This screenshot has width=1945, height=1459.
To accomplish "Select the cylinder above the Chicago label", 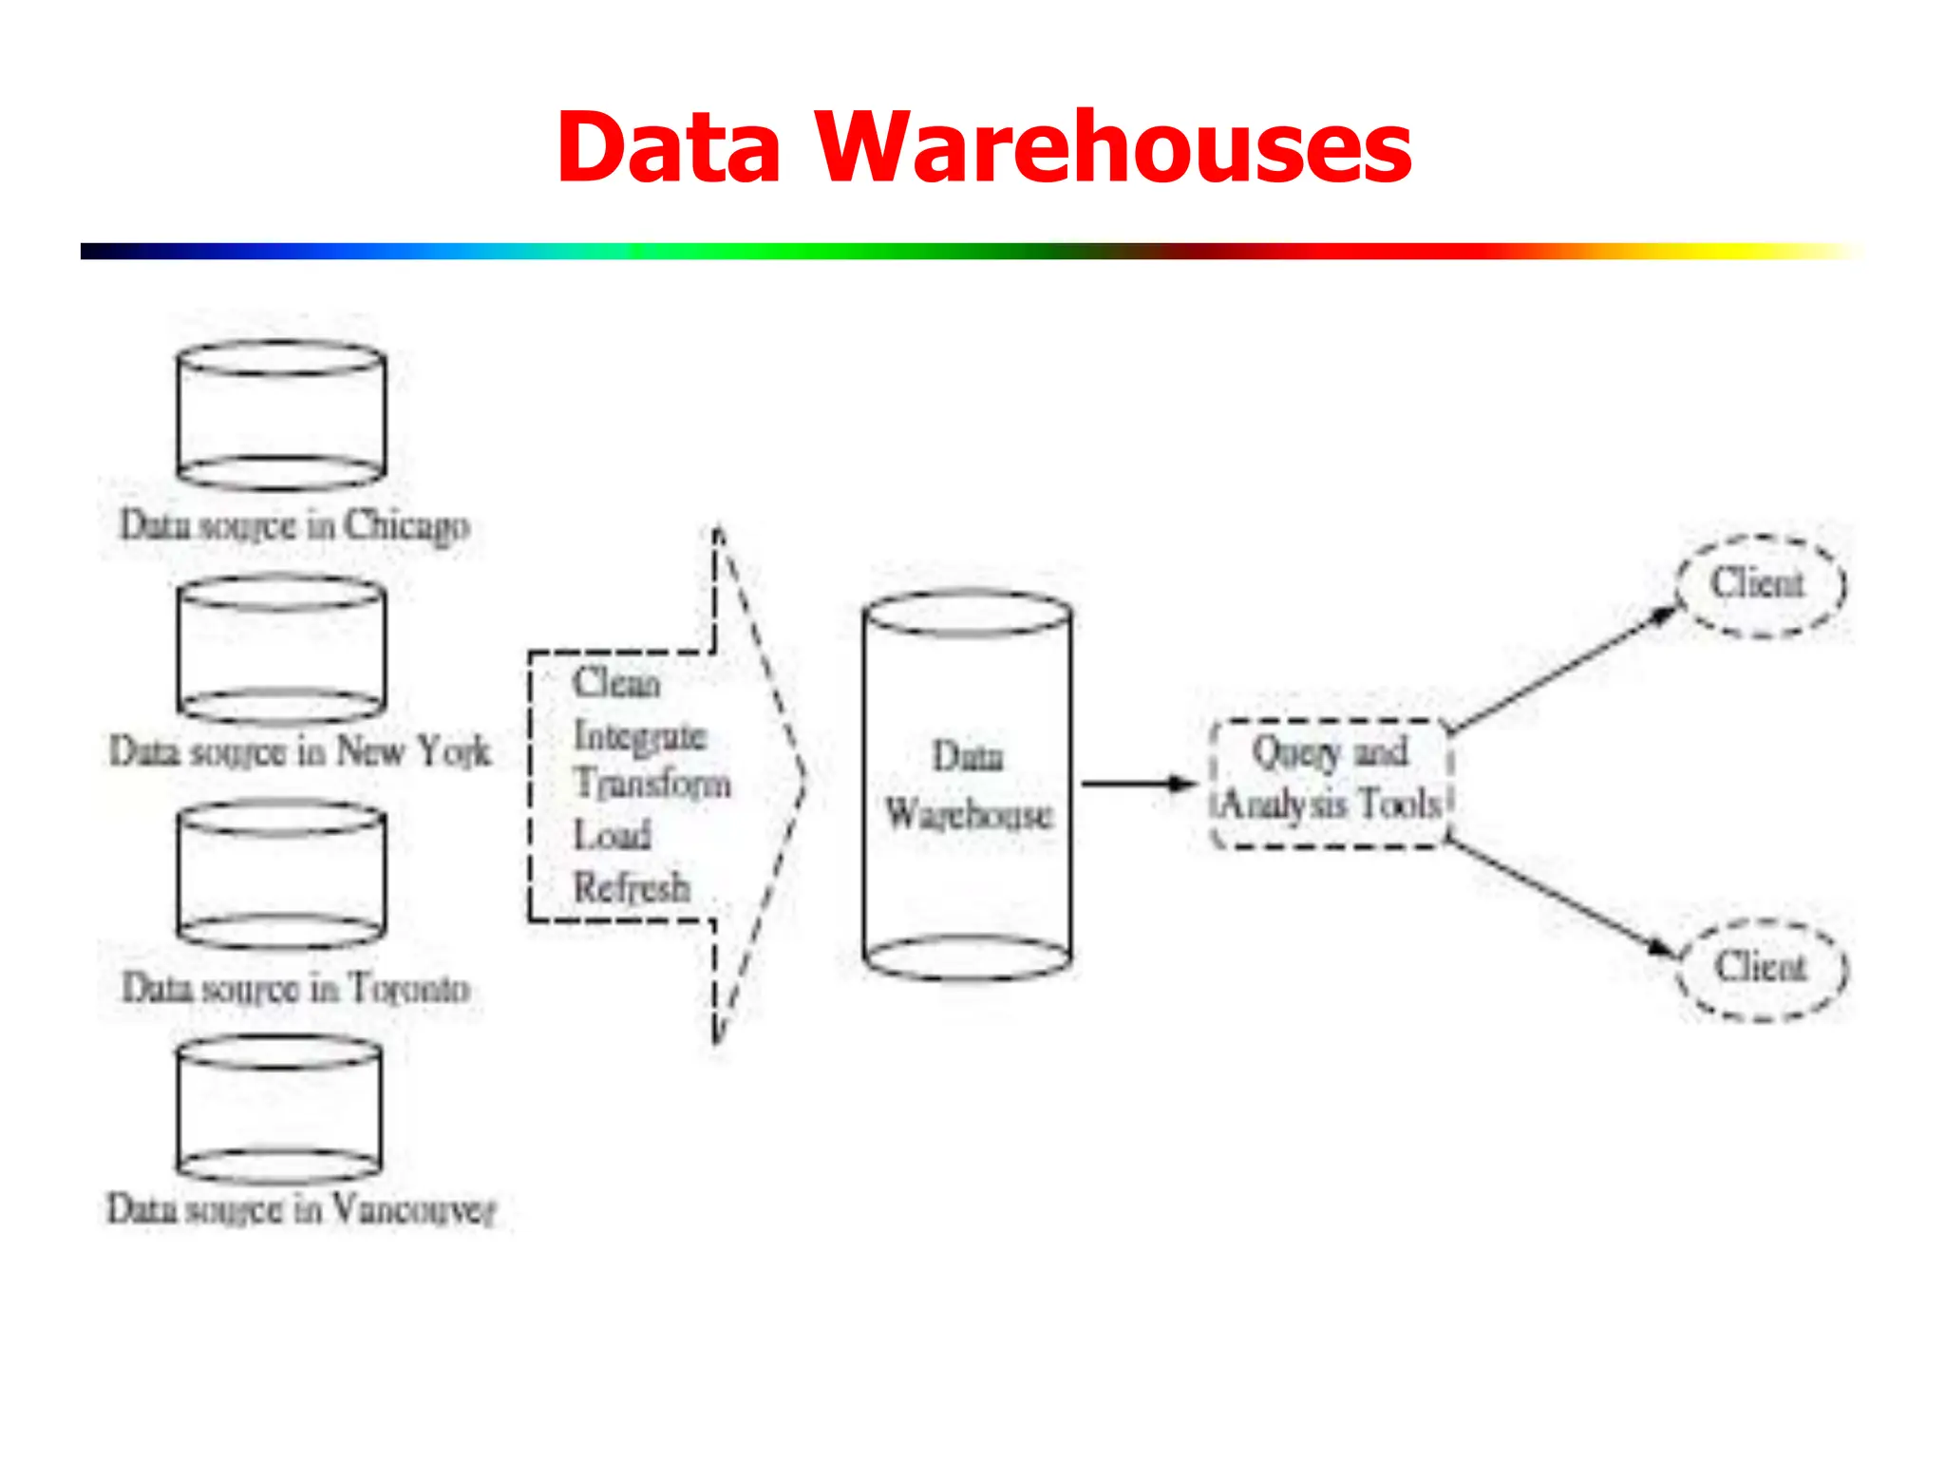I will point(281,415).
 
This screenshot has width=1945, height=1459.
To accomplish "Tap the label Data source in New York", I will point(300,751).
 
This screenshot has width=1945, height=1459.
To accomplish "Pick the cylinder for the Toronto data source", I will point(281,875).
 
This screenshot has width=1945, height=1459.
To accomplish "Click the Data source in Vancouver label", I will point(301,1209).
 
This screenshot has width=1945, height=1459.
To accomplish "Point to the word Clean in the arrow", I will point(616,682).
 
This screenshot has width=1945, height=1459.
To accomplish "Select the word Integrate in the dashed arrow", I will point(640,736).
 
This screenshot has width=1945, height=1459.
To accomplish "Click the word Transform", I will point(652,784).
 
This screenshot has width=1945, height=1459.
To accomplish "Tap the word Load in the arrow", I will point(613,835).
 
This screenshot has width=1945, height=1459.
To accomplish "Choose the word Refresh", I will point(632,887).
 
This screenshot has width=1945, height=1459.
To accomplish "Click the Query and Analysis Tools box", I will point(1331,783).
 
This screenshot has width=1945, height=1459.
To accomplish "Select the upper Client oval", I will point(1760,584).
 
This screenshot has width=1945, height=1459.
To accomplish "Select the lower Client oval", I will point(1762,969).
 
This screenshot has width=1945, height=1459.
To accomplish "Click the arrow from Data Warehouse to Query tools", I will point(1138,784).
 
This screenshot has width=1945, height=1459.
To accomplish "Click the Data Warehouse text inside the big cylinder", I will point(968,786).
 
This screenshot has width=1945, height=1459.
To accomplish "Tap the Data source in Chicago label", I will point(294,525).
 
